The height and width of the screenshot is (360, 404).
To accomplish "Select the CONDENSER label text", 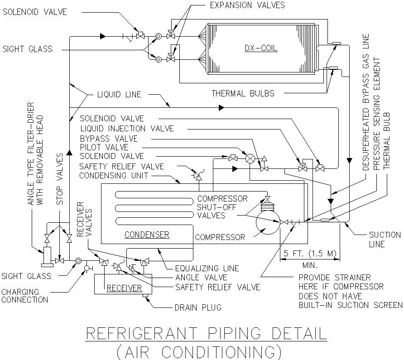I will pyautogui.click(x=147, y=235).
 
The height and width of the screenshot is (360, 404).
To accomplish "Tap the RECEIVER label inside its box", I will pyautogui.click(x=124, y=288).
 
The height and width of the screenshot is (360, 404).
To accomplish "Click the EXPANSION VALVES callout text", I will pyautogui.click(x=247, y=5).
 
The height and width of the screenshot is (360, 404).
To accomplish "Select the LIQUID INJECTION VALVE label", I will pyautogui.click(x=127, y=129).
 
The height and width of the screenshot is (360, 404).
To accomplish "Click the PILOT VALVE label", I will pyautogui.click(x=104, y=148).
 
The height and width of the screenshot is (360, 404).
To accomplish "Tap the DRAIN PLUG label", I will pyautogui.click(x=198, y=308).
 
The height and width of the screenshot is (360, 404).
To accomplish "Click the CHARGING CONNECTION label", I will pyautogui.click(x=24, y=296).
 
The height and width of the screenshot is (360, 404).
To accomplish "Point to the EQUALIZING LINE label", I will pyautogui.click(x=201, y=268).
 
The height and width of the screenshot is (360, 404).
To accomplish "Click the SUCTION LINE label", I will pyautogui.click(x=385, y=240).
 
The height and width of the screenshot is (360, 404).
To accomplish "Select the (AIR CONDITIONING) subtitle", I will pyautogui.click(x=199, y=351).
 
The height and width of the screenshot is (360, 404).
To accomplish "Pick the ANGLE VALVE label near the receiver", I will pyautogui.click(x=201, y=277).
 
